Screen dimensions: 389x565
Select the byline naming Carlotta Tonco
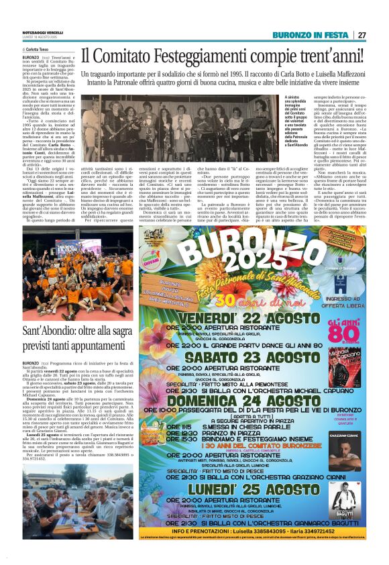[x=40, y=50]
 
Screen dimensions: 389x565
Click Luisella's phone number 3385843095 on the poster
[x=251, y=530]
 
